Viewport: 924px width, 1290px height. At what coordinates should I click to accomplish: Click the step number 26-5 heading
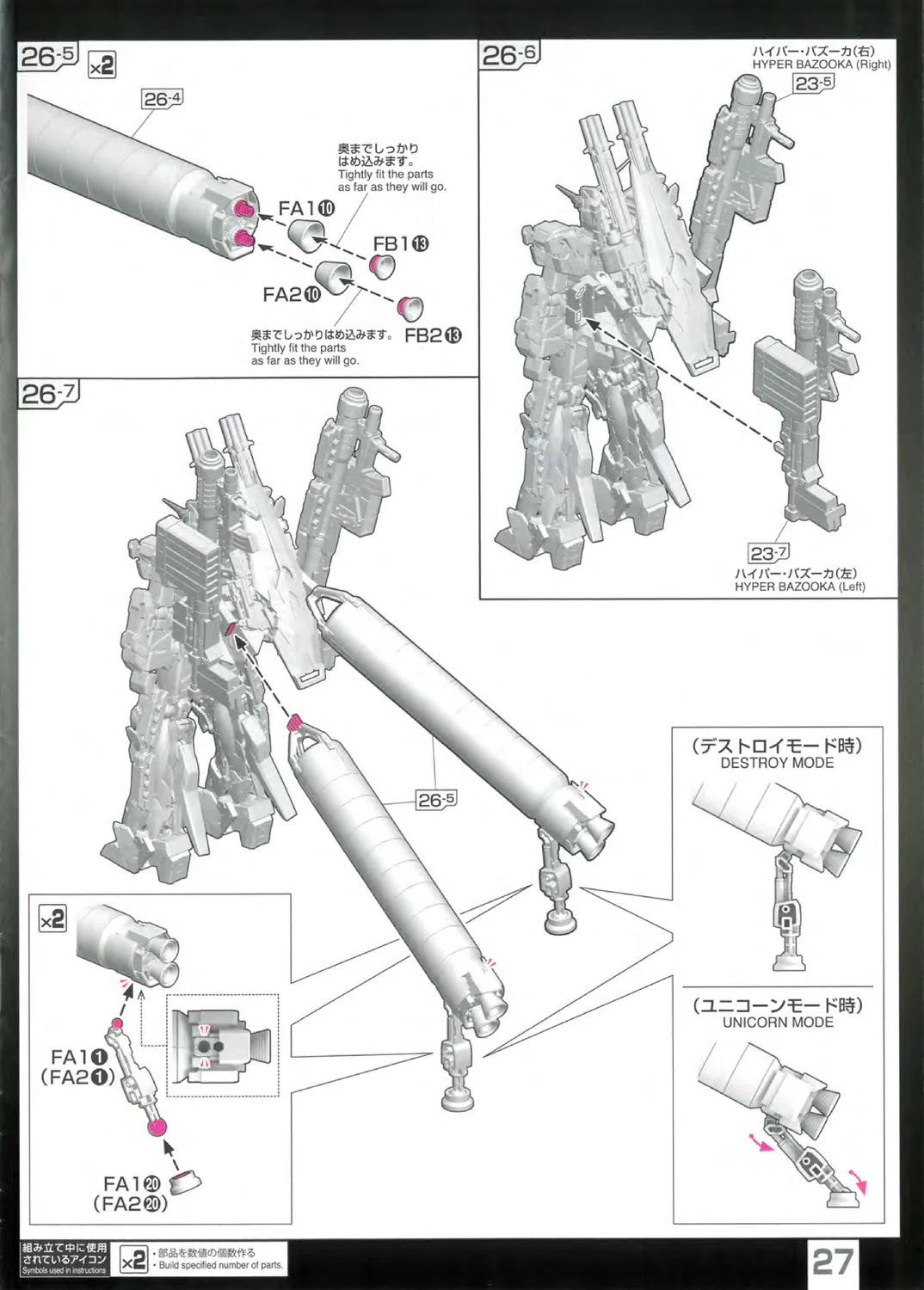pyautogui.click(x=48, y=58)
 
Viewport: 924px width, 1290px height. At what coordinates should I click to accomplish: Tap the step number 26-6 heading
pyautogui.click(x=509, y=56)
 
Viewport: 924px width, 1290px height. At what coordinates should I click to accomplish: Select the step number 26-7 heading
pyautogui.click(x=49, y=395)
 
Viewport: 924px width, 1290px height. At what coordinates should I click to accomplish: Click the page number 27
pyautogui.click(x=834, y=1262)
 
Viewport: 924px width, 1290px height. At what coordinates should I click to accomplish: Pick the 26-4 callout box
pyautogui.click(x=162, y=99)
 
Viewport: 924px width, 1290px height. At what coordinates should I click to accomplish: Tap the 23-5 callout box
pyautogui.click(x=813, y=83)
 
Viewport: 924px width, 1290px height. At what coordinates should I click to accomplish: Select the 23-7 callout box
pyautogui.click(x=768, y=553)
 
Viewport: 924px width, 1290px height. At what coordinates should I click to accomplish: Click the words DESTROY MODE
pyautogui.click(x=777, y=763)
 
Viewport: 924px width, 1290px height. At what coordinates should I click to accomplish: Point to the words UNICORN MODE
pyautogui.click(x=777, y=1022)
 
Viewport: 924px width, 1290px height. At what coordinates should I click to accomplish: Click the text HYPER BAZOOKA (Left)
pyautogui.click(x=799, y=587)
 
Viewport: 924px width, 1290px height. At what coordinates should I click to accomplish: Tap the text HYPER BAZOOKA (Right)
pyautogui.click(x=821, y=64)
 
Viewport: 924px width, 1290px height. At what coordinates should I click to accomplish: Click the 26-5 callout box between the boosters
pyautogui.click(x=436, y=800)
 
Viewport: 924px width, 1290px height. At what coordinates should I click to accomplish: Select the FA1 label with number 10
pyautogui.click(x=306, y=208)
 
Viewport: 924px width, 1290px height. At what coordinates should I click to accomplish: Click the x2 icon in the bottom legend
pyautogui.click(x=134, y=1260)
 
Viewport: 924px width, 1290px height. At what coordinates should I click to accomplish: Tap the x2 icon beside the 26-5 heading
pyautogui.click(x=102, y=65)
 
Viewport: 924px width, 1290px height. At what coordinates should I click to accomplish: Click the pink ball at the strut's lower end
pyautogui.click(x=157, y=1128)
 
